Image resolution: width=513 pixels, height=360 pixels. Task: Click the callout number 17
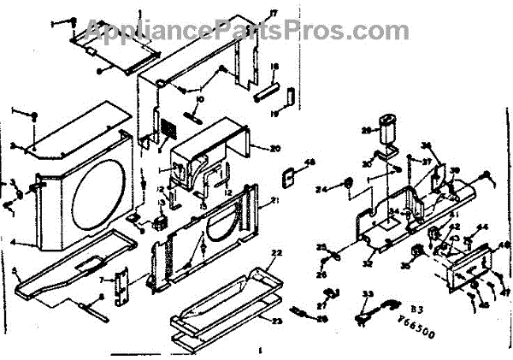point(251,12)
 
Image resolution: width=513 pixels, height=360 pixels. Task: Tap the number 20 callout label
point(276,148)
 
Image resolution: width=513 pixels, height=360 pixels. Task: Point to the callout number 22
point(275,254)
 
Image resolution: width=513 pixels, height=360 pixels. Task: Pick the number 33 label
point(369,295)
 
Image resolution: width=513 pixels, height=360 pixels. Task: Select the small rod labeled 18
point(263,85)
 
